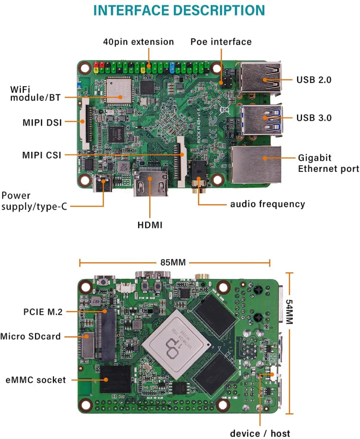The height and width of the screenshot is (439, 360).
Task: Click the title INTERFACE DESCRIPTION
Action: [x=179, y=10]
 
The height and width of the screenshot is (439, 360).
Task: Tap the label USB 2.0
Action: [x=314, y=80]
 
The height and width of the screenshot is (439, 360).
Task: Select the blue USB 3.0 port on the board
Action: [x=260, y=117]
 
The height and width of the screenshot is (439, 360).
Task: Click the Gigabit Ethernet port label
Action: [x=328, y=163]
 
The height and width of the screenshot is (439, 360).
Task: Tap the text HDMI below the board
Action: [x=150, y=225]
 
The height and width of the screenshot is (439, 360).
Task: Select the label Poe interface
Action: [x=221, y=42]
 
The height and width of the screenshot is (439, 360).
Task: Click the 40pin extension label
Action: [x=138, y=42]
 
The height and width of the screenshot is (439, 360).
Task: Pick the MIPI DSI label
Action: [x=42, y=123]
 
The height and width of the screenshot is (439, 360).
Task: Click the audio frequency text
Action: [x=267, y=204]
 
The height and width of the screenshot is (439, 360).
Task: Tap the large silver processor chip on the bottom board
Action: [x=177, y=338]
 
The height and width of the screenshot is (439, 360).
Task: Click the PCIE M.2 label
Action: [x=43, y=312]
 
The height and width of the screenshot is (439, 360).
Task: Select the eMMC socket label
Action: [x=36, y=380]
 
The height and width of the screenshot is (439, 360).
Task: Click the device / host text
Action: [x=260, y=433]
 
